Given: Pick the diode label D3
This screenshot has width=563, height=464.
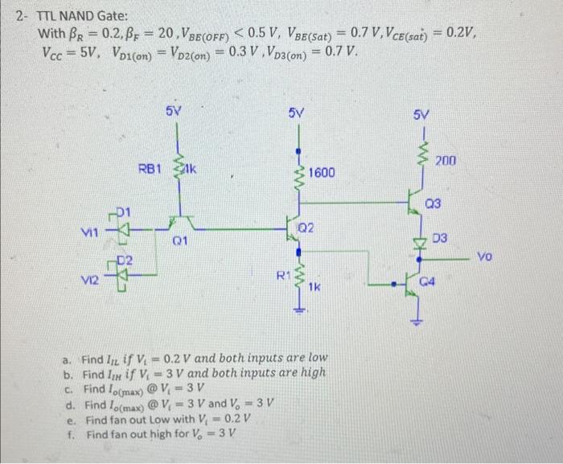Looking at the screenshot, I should (x=440, y=239).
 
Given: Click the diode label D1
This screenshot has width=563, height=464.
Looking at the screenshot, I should (x=123, y=211).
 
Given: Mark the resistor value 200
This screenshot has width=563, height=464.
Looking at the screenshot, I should (x=446, y=162).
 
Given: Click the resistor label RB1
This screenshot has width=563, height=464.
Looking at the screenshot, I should (x=150, y=169).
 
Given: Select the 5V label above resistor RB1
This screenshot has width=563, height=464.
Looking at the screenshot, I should (x=173, y=109).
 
